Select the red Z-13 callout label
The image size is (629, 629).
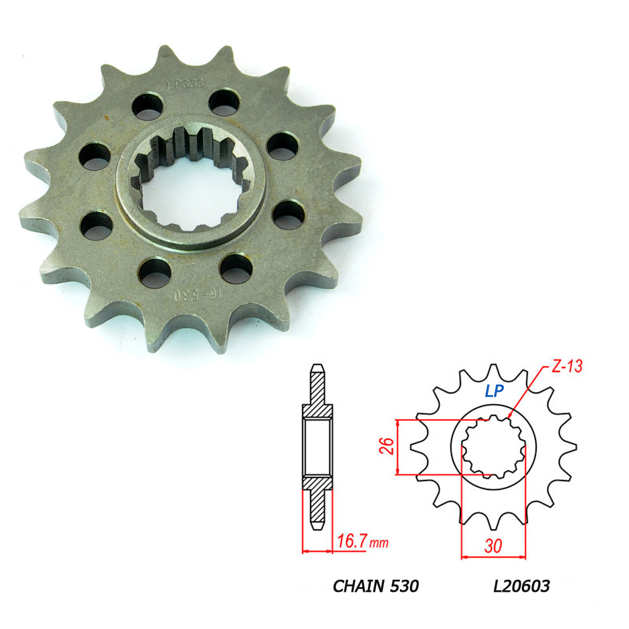point(565,365)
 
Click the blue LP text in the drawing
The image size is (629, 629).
point(493,391)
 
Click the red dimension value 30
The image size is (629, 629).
point(493,546)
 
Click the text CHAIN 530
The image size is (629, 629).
point(375,586)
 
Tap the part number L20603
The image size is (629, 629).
point(521,586)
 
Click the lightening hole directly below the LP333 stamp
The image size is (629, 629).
point(147,106)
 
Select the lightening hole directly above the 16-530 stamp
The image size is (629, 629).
point(155,272)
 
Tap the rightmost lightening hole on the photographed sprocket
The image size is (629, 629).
point(289,214)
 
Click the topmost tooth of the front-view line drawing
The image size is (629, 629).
point(494,368)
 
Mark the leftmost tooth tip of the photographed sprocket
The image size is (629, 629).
point(23,217)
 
